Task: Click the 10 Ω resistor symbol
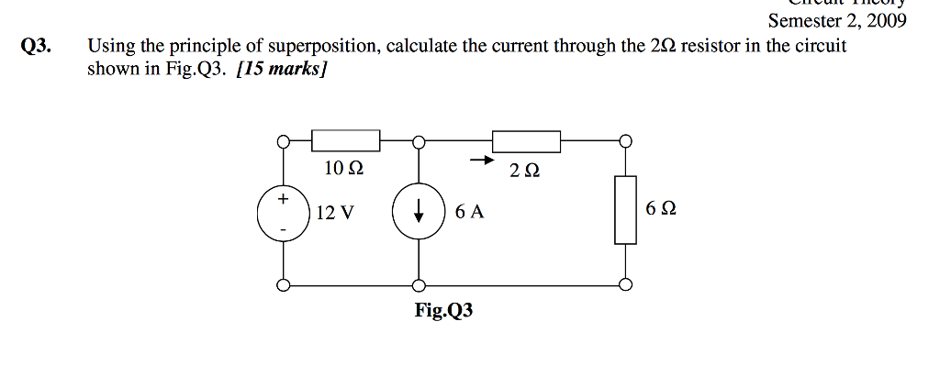coord(346,141)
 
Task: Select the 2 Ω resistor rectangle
coord(526,141)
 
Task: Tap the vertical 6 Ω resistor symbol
coord(625,210)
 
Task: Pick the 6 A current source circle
coord(419,212)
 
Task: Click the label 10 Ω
coord(344,169)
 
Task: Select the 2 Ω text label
coord(524,170)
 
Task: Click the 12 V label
coord(334,213)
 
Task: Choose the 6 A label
coord(468,212)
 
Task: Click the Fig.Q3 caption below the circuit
coord(443,311)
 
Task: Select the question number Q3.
coord(37,47)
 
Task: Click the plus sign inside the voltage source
coord(284,198)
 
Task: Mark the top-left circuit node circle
coord(285,142)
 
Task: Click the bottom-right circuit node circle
coord(625,284)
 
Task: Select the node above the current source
coord(419,142)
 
